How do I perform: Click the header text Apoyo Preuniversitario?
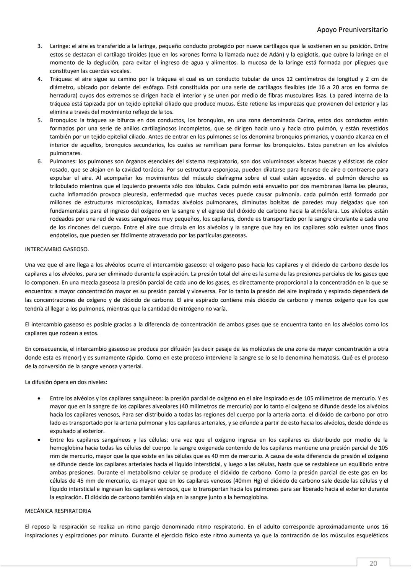point(352,29)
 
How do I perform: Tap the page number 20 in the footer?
point(373,563)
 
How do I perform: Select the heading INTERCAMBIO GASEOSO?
point(57,249)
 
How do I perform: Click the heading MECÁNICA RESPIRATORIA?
point(58,511)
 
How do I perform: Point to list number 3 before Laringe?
point(39,46)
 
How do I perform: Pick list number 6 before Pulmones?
point(39,161)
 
